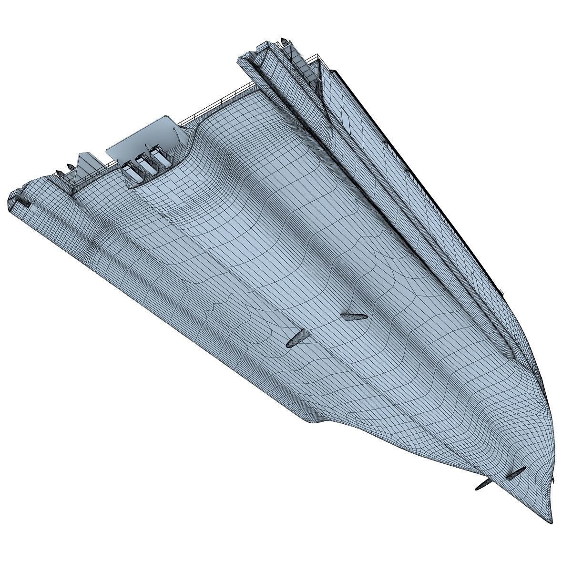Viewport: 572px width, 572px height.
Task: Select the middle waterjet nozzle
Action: pos(144,163)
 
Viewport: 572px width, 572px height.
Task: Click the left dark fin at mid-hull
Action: pos(296,337)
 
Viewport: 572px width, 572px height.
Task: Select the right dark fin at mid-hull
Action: pos(353,317)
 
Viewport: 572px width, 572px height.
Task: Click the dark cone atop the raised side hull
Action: pos(284,42)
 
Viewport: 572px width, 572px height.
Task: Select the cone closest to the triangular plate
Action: pos(70,166)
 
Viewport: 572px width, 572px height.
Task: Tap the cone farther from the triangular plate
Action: pos(57,172)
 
